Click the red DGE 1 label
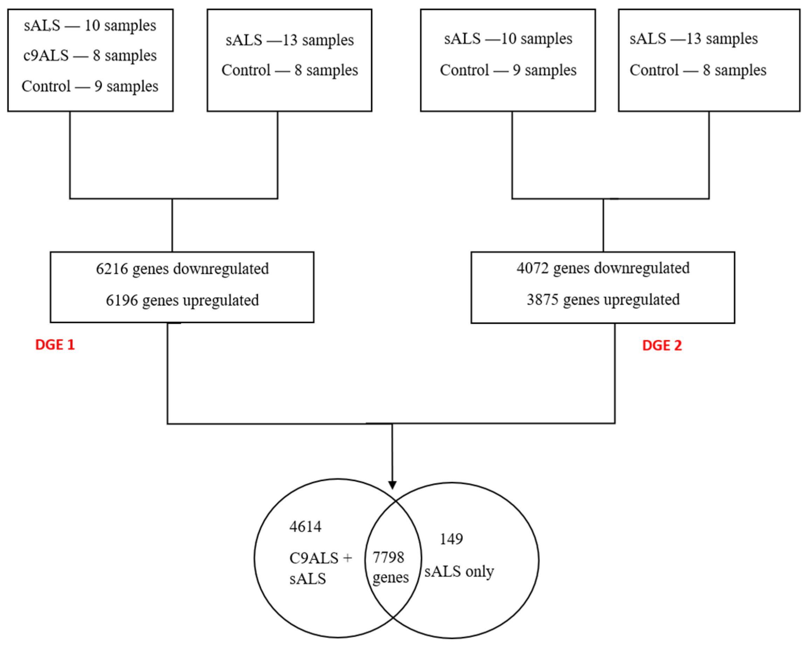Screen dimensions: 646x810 55,345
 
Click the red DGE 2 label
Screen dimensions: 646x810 662,346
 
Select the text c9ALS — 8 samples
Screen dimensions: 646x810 90,56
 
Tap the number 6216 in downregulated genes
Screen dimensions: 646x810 112,269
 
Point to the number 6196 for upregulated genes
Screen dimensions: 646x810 122,300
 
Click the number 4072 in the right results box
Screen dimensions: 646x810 532,268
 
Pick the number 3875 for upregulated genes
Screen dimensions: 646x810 542,300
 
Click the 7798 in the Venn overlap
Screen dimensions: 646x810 388,557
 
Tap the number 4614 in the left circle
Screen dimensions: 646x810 305,526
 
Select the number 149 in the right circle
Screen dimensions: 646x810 451,539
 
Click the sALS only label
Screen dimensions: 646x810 459,572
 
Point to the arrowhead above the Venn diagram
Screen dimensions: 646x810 392,485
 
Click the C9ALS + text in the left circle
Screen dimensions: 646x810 320,558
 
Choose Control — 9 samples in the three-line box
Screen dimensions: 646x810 90,87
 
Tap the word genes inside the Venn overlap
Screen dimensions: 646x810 390,578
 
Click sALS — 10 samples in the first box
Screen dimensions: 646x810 90,26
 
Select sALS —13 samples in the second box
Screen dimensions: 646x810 289,40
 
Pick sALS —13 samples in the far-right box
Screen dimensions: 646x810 693,38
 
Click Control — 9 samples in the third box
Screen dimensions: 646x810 508,70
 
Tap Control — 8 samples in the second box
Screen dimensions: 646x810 289,70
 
